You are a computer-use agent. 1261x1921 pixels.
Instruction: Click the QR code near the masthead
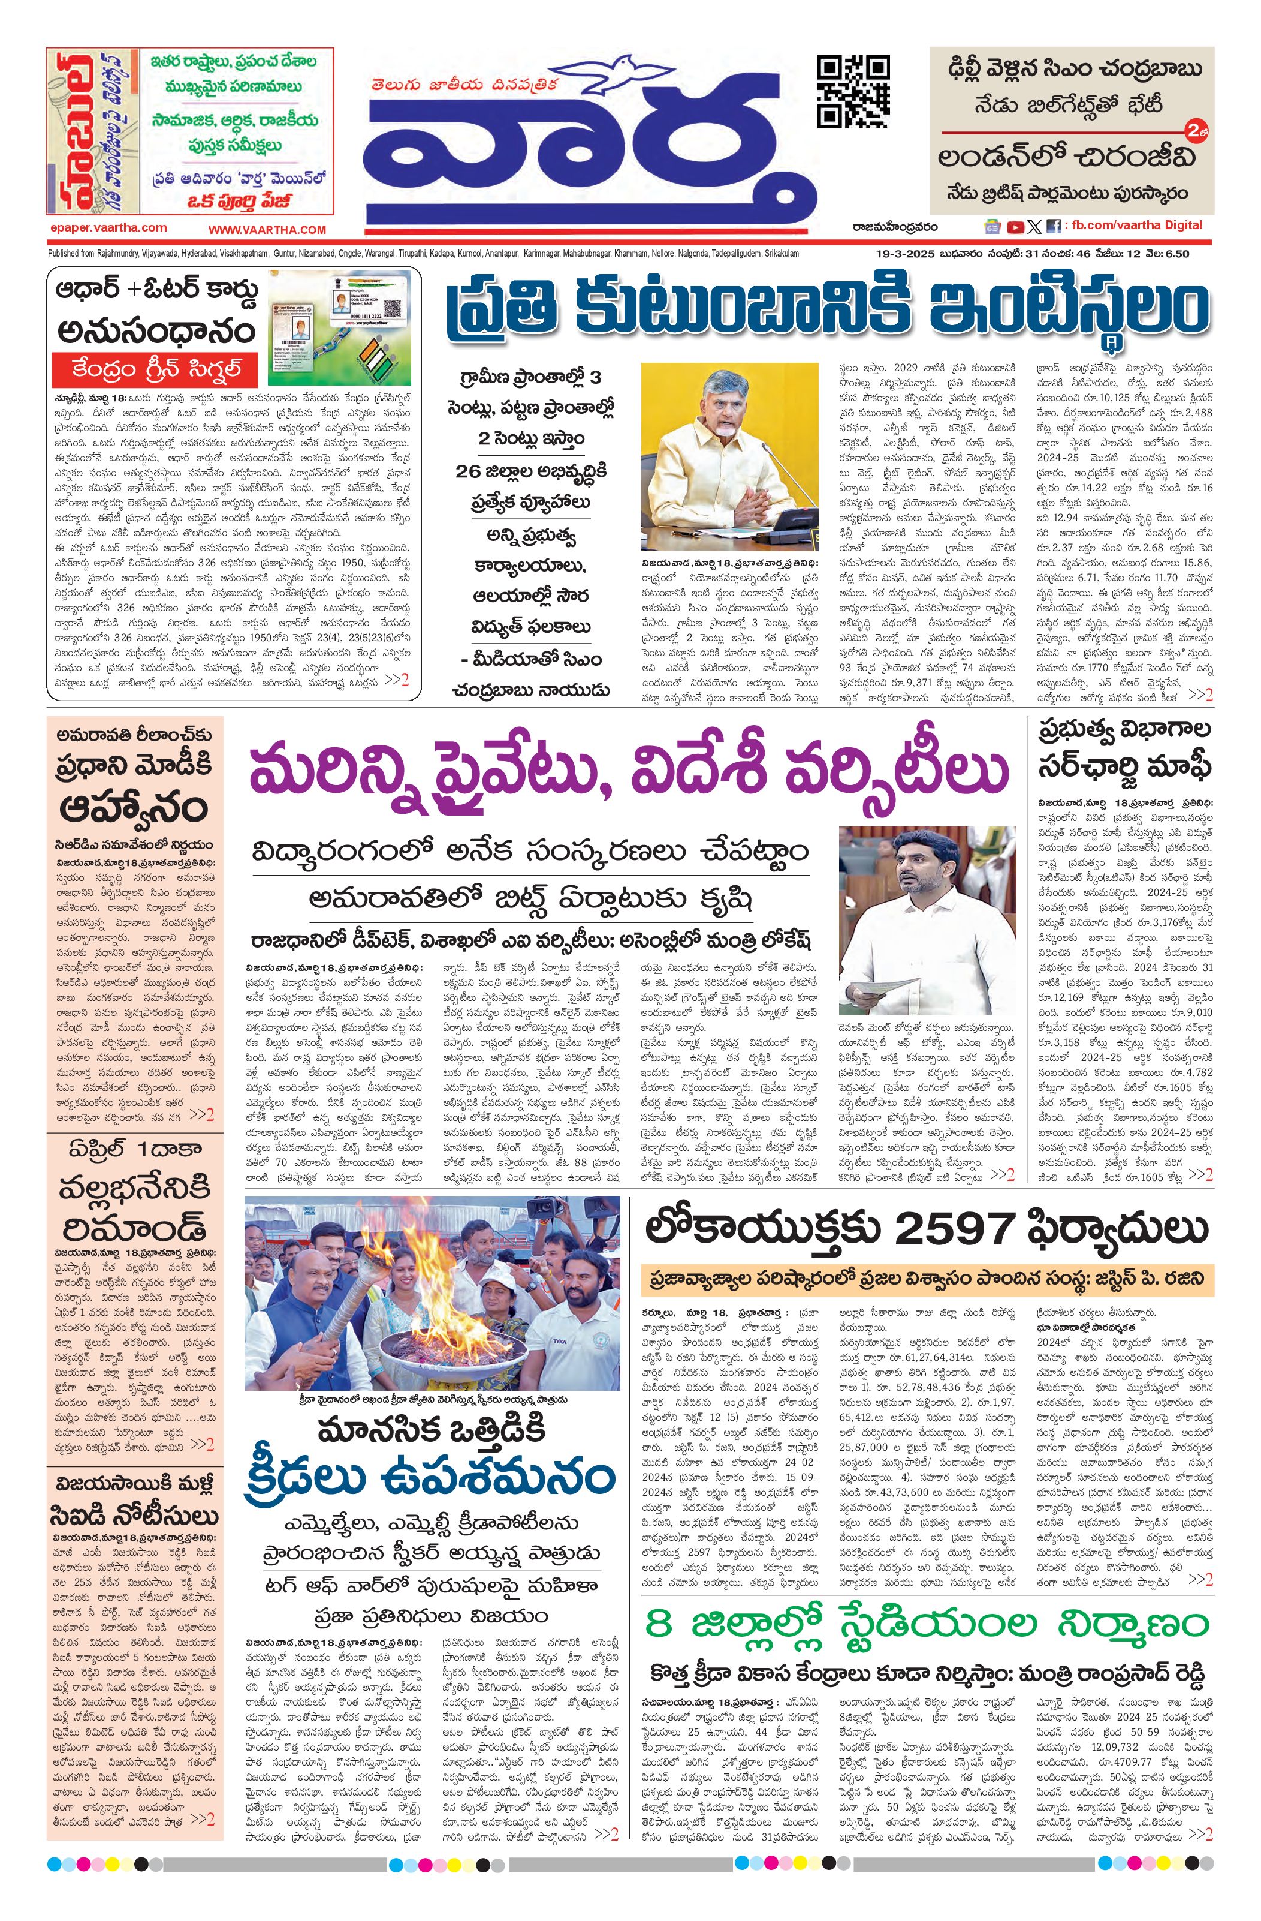pos(853,91)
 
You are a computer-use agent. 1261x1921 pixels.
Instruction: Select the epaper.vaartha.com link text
pos(107,228)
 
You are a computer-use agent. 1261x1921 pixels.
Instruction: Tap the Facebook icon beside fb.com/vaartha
pos(1052,227)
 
